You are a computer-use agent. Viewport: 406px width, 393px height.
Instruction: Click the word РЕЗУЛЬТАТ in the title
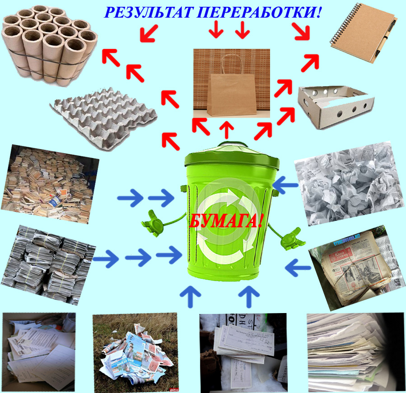149,12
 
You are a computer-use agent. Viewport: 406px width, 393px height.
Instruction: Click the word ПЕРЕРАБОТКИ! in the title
259,12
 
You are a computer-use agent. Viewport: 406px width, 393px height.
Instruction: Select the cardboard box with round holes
336,107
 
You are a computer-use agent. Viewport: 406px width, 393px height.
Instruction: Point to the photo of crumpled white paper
350,183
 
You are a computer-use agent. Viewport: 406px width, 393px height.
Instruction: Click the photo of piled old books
50,184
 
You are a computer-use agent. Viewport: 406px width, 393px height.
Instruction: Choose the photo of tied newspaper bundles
48,265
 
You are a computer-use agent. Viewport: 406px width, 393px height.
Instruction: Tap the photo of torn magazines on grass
135,352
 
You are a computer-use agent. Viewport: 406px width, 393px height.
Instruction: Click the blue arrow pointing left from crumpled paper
285,185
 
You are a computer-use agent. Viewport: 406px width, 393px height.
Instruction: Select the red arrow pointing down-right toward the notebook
301,31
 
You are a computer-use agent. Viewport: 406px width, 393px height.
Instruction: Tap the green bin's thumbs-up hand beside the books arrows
153,223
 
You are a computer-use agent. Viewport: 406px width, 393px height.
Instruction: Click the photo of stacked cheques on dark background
243,352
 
